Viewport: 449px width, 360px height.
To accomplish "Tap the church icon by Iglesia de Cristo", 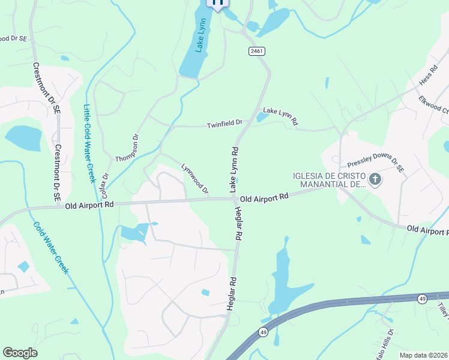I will coord(375,179).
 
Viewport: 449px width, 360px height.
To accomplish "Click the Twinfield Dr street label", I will coord(224,124).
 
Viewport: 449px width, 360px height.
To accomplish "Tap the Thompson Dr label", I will coord(127,148).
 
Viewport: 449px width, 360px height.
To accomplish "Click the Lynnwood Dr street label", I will coord(195,178).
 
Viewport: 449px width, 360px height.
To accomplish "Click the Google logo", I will coord(20,353).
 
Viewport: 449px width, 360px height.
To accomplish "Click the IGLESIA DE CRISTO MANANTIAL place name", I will coord(329,180).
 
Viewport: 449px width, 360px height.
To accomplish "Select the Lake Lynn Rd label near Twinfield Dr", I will coord(280,116).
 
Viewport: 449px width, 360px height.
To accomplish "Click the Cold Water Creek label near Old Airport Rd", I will coord(52,248).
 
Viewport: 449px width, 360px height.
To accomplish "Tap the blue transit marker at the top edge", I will coord(218,3).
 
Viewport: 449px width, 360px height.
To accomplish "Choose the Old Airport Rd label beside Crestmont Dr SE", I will coord(89,205).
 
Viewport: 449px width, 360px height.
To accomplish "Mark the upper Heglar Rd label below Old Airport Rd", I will coord(238,223).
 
